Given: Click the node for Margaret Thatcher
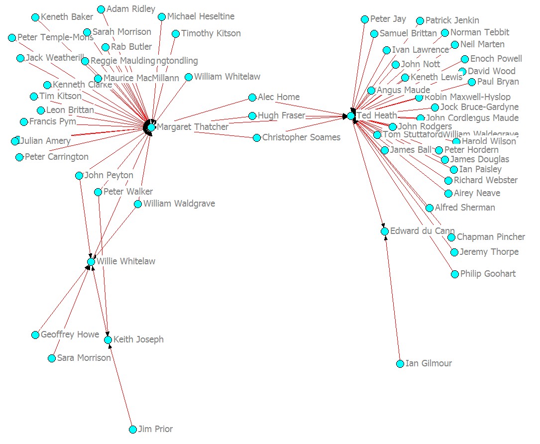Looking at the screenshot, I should [x=151, y=127].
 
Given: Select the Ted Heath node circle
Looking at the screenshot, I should [x=351, y=116].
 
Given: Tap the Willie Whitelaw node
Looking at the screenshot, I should [x=91, y=262].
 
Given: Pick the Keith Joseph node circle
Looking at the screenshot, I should [x=108, y=340].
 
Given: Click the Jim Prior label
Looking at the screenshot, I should [x=155, y=429].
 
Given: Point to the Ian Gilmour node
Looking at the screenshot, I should [x=400, y=364].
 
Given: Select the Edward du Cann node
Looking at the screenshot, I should [x=385, y=231].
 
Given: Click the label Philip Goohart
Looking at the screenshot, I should [x=488, y=274].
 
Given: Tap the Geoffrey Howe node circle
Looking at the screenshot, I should [x=35, y=335].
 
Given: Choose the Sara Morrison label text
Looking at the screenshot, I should [x=84, y=358].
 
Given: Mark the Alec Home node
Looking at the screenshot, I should [x=252, y=98].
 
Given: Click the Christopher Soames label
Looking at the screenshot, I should [x=301, y=137].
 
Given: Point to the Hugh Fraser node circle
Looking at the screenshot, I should [x=252, y=116].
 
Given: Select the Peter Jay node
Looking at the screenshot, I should [x=365, y=19].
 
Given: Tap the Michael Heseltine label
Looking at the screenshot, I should [x=201, y=16].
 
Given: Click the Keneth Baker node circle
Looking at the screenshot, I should [x=35, y=17].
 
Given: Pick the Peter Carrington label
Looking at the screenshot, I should [x=56, y=157].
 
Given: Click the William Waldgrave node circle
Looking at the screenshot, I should [x=138, y=204].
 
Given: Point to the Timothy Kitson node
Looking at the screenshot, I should [x=176, y=34].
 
